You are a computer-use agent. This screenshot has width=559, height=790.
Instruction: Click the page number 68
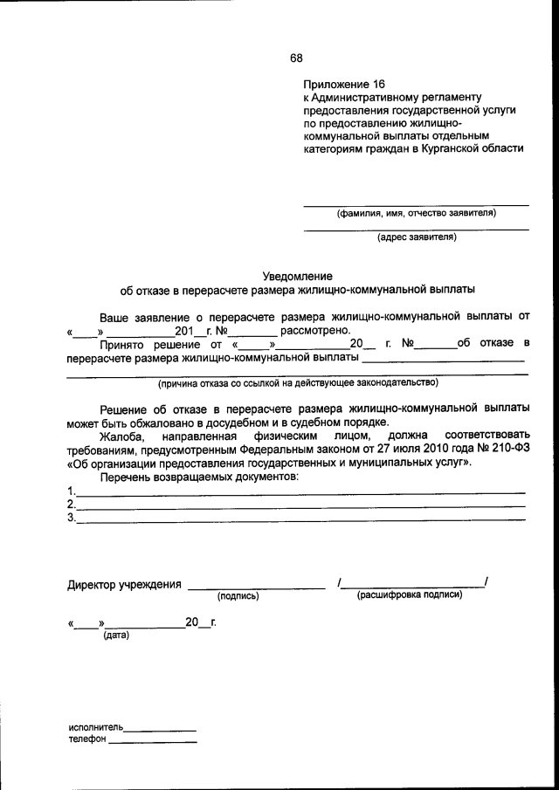pos(296,58)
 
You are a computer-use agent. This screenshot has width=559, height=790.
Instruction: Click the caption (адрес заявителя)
pos(416,237)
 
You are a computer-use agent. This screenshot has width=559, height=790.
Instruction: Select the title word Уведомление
pos(298,275)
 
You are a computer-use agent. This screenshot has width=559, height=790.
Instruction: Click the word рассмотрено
pos(314,331)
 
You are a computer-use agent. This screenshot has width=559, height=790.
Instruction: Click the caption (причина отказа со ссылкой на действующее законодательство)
pos(298,382)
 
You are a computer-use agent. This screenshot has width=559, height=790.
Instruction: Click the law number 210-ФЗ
pos(504,449)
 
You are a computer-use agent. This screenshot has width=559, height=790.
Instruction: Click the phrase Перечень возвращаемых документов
pos(198,477)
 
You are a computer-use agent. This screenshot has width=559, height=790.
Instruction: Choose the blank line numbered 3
pos(300,520)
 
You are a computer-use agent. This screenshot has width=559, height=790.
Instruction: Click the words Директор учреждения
pos(124,584)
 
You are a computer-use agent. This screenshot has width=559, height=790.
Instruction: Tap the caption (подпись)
pos(238,596)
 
